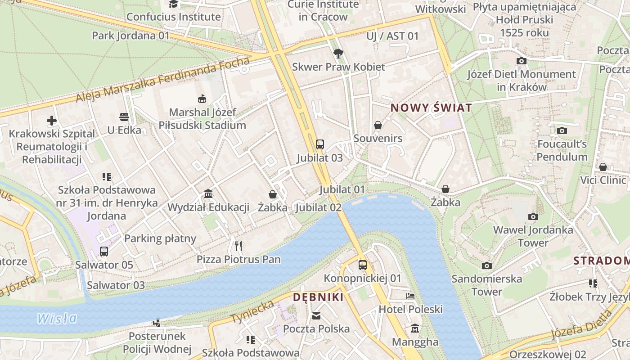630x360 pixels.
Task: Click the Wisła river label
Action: pyautogui.click(x=57, y=319)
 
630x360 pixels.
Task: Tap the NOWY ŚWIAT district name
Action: pyautogui.click(x=431, y=108)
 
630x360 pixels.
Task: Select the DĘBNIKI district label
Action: pyautogui.click(x=318, y=297)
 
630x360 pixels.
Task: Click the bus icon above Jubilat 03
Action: pyautogui.click(x=319, y=144)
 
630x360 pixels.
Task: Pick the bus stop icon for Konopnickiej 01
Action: pyautogui.click(x=362, y=265)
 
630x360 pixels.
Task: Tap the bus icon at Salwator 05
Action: pyautogui.click(x=104, y=252)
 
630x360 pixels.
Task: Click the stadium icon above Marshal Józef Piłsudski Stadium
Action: pyautogui.click(x=202, y=99)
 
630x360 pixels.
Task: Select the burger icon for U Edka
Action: pyautogui.click(x=124, y=117)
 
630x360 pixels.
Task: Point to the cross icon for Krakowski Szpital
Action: pyautogui.click(x=52, y=121)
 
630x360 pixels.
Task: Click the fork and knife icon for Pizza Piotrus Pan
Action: pyautogui.click(x=238, y=246)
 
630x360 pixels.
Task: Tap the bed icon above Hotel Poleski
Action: pyautogui.click(x=410, y=296)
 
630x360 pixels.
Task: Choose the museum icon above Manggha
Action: pyautogui.click(x=415, y=328)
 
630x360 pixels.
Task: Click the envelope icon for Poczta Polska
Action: pyautogui.click(x=317, y=315)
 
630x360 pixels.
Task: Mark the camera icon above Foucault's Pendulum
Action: pyautogui.click(x=562, y=131)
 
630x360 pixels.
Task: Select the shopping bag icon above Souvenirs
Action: pyautogui.click(x=378, y=125)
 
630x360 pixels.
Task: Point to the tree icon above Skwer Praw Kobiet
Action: pyautogui.click(x=338, y=54)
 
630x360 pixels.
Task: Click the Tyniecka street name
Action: pyautogui.click(x=252, y=312)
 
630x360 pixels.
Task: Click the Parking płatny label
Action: pyautogui.click(x=160, y=238)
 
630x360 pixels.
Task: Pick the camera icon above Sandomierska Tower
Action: pyautogui.click(x=486, y=265)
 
